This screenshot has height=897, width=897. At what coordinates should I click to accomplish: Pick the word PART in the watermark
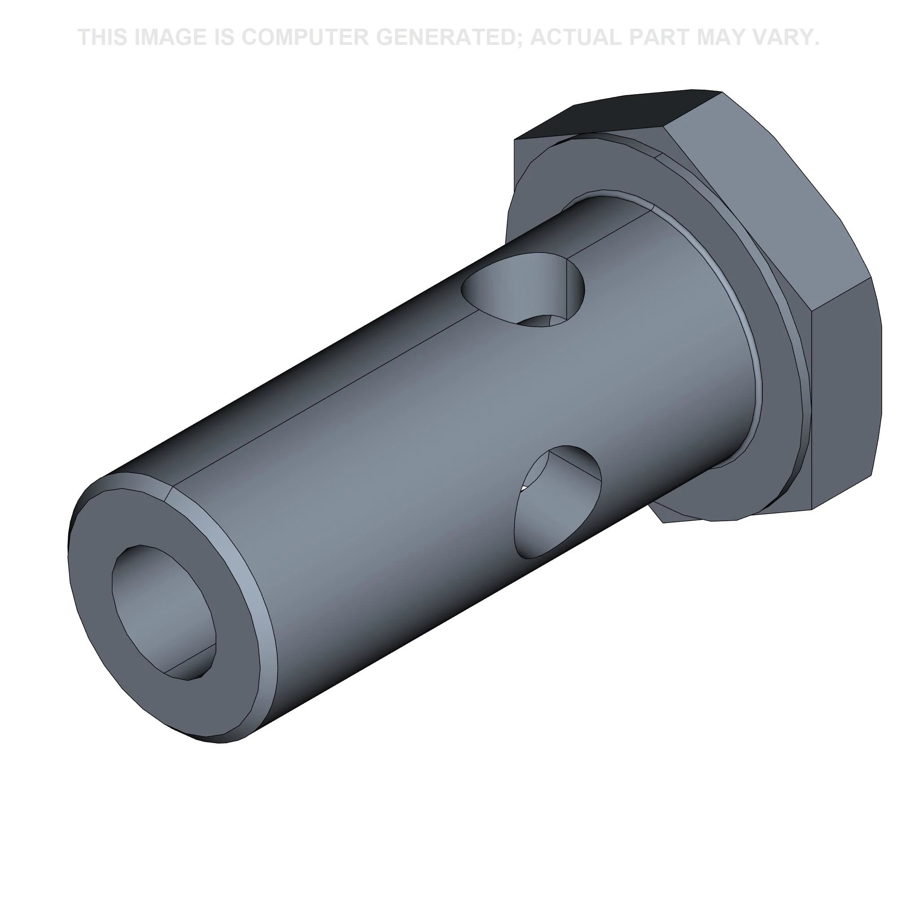tap(667, 37)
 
